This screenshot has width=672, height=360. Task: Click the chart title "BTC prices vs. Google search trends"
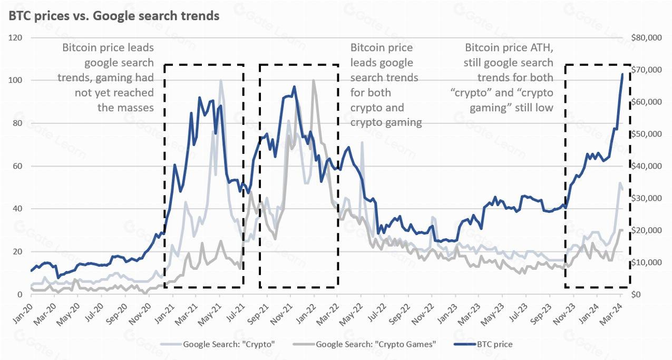tap(113, 16)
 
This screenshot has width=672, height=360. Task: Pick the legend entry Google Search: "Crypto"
tap(229, 344)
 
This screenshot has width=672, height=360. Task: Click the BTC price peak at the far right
tap(622, 74)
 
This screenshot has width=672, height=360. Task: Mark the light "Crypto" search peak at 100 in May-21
tap(220, 81)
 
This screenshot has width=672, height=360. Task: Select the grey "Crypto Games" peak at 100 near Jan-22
tap(314, 81)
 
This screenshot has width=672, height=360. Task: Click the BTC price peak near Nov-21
tap(294, 87)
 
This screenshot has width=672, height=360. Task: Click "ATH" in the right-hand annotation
tap(545, 48)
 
